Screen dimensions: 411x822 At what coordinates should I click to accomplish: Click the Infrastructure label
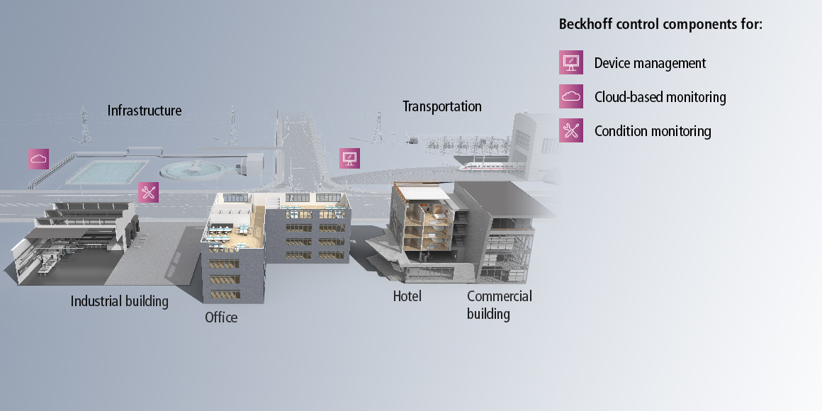click(x=145, y=111)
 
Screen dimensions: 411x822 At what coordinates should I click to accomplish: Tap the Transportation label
click(x=442, y=106)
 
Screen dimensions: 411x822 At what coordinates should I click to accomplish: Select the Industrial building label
click(x=120, y=301)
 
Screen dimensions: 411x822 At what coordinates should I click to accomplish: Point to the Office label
click(x=221, y=317)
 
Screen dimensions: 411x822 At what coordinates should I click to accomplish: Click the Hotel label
click(x=407, y=296)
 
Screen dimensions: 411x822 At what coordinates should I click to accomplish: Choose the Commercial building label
click(x=500, y=305)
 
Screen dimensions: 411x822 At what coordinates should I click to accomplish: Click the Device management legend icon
click(x=571, y=62)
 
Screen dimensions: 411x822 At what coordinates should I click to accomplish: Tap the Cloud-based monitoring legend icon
click(x=571, y=96)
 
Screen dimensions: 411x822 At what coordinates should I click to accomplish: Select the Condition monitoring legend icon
click(x=571, y=130)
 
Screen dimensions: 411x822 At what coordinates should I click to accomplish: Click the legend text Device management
click(x=650, y=63)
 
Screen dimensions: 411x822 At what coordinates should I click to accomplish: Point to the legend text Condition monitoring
click(x=653, y=131)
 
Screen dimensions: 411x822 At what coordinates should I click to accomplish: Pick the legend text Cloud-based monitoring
click(x=660, y=97)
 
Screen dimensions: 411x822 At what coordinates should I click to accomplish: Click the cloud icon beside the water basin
click(x=39, y=159)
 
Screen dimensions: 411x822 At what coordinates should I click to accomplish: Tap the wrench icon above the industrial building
click(x=149, y=192)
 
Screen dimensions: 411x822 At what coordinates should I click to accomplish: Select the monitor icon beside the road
click(x=349, y=158)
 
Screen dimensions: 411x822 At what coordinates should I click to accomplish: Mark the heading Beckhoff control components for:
click(x=660, y=24)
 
